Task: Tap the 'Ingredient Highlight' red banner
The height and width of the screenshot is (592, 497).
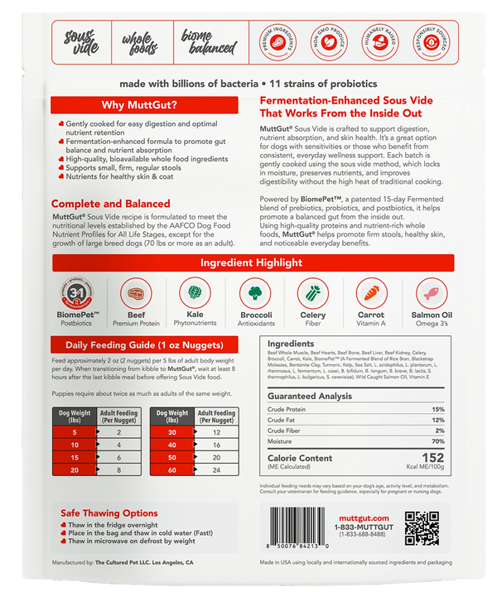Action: (x=248, y=262)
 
